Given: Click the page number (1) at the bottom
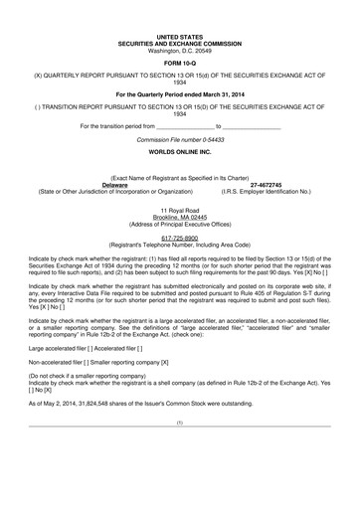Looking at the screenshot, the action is [x=180, y=453].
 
